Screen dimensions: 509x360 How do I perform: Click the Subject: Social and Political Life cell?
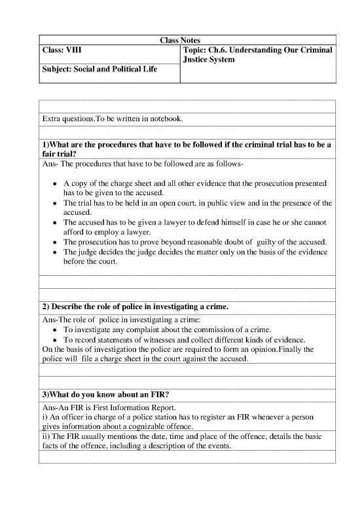tap(99, 69)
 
